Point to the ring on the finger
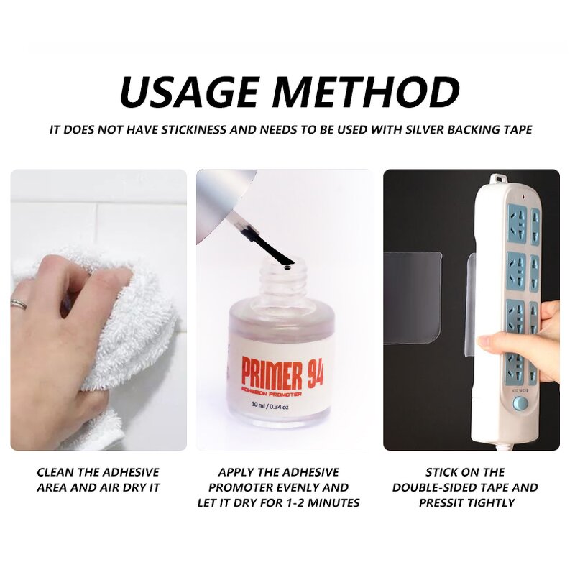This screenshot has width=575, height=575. (x=19, y=304)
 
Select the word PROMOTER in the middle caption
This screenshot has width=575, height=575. (x=249, y=487)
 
